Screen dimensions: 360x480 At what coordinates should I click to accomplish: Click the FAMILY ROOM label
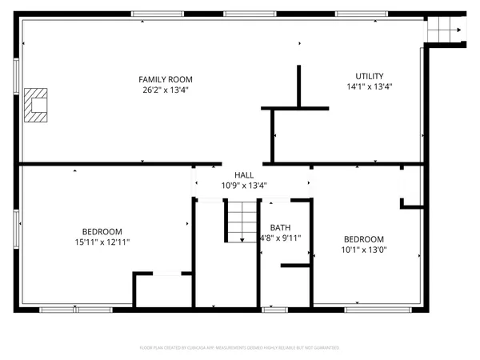166,79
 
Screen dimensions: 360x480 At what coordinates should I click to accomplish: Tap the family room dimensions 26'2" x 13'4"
166,90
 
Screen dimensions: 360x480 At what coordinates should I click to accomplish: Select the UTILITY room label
369,76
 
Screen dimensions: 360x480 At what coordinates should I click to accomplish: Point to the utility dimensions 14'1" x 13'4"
369,86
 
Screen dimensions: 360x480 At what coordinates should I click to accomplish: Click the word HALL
244,175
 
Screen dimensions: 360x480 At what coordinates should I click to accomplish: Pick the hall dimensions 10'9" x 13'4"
244,186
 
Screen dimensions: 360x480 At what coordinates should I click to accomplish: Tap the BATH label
280,228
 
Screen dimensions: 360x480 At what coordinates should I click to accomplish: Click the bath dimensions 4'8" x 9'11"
280,238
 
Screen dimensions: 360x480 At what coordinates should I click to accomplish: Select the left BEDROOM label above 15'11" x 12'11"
102,231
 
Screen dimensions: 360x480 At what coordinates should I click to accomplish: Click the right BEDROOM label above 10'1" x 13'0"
364,239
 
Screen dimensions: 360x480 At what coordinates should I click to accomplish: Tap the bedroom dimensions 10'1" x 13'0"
364,250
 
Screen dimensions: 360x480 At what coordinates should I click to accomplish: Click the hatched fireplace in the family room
36,105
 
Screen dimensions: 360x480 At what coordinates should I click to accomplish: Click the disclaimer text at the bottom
240,348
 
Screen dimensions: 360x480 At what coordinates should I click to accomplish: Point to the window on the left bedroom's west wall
17,229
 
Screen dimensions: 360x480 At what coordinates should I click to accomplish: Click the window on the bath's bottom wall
274,309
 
